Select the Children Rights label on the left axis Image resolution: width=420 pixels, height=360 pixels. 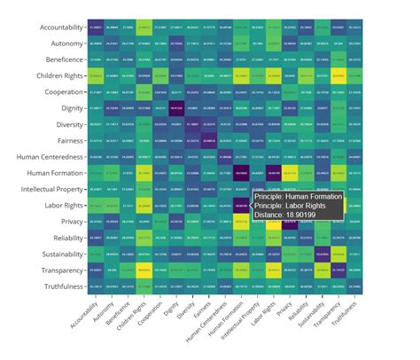pos(56,76)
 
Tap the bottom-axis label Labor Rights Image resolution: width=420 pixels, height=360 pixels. pos(263,313)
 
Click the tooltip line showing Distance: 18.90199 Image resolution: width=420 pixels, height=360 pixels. pos(292,214)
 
